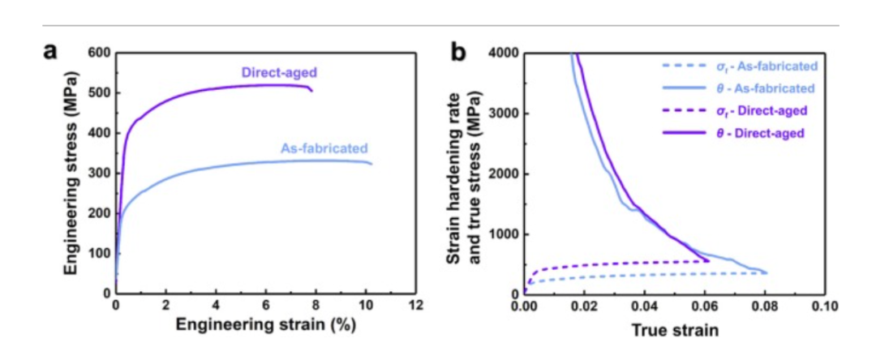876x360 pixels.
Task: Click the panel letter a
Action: pos(51,54)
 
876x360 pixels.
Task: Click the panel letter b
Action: pos(458,54)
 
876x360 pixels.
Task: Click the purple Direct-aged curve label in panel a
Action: pos(278,72)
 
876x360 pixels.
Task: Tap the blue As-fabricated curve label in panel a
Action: pos(324,148)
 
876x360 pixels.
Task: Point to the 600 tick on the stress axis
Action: pos(97,54)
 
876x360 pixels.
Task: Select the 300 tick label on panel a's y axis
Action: pos(97,174)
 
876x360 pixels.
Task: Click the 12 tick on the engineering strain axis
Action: pos(415,306)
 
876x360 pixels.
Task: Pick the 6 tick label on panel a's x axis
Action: pos(265,306)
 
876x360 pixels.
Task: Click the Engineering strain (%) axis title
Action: pos(265,326)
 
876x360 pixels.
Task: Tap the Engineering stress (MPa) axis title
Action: pos(72,173)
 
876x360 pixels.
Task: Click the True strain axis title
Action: pos(672,330)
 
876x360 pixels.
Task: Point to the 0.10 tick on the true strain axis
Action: pos(824,306)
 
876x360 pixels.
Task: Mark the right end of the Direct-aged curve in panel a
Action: pos(312,90)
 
